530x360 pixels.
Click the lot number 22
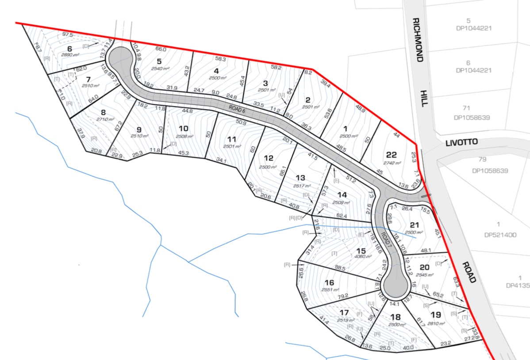(391, 155)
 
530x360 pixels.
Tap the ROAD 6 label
(237, 108)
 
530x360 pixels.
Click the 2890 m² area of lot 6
(69, 54)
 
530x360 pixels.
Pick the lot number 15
(361, 250)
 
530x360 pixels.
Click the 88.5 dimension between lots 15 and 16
(340, 268)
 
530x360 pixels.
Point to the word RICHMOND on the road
(418, 40)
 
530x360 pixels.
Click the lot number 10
(183, 128)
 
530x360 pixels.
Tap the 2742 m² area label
(392, 163)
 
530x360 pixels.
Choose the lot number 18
(396, 317)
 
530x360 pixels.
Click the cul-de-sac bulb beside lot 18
(396, 286)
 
